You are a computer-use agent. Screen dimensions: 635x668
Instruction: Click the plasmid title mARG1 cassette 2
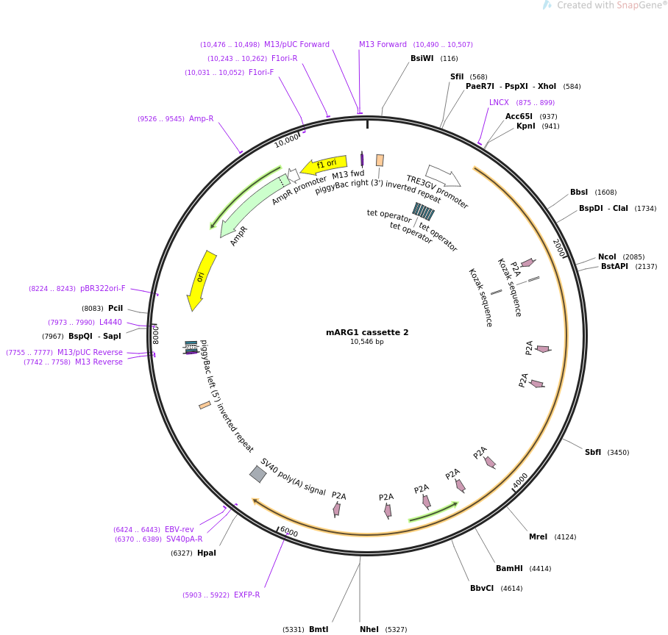point(367,332)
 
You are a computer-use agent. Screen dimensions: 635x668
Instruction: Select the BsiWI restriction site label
point(422,59)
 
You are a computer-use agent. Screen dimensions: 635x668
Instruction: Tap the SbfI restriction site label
point(593,453)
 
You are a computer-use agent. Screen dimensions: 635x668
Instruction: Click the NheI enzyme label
point(369,629)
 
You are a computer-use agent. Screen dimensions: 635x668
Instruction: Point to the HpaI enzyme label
point(207,553)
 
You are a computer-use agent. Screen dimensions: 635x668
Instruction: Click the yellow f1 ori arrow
point(324,165)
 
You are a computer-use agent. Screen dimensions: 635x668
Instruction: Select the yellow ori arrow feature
point(201,278)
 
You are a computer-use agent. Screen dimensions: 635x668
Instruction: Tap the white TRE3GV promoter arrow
point(443,176)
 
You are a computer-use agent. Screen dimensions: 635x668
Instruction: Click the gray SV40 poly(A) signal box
point(258,474)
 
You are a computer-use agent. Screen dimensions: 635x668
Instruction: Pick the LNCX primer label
point(499,103)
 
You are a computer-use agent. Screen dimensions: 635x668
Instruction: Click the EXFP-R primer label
point(246,595)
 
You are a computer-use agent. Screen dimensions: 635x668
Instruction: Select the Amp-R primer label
point(201,119)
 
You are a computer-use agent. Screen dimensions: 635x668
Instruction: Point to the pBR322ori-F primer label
point(102,289)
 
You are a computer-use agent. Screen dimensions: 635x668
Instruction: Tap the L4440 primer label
point(110,323)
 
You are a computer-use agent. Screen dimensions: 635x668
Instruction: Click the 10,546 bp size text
point(366,342)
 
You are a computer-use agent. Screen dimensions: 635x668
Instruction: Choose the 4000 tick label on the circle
point(520,481)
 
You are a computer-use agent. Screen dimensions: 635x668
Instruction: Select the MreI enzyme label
point(538,537)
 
